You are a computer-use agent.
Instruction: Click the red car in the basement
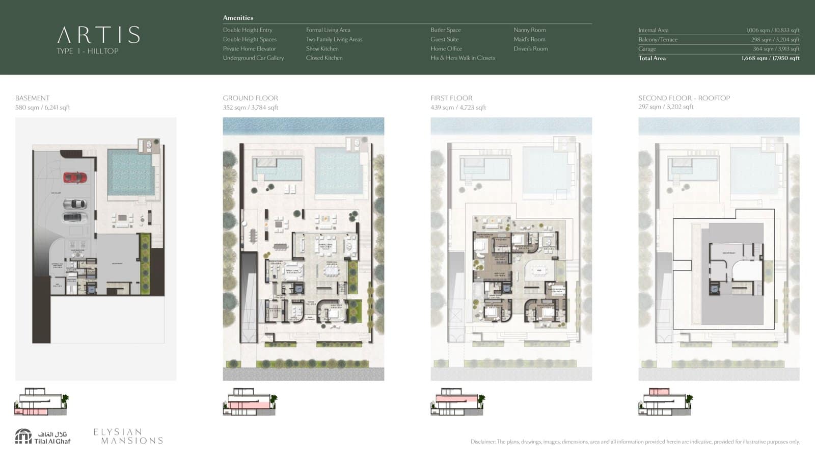tap(75, 177)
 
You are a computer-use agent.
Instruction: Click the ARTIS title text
tap(98, 35)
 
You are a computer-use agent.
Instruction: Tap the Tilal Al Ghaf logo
tap(43, 437)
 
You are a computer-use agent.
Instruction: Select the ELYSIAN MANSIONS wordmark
tap(128, 436)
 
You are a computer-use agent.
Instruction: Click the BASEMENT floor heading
tap(33, 98)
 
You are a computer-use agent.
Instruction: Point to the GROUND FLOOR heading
tap(250, 98)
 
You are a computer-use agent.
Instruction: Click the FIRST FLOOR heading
tap(451, 98)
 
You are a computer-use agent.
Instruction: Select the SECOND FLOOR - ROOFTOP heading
tap(684, 98)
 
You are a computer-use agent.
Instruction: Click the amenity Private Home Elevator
tap(249, 49)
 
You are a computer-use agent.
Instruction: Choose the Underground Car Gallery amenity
tap(253, 58)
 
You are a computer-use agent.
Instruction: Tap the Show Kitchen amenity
tap(322, 49)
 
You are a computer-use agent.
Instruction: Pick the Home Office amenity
tap(446, 49)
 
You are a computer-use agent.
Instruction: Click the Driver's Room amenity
tap(530, 49)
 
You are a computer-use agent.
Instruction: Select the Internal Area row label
tap(653, 30)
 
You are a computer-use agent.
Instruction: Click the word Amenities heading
tap(238, 18)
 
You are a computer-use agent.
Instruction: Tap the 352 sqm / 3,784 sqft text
tap(250, 108)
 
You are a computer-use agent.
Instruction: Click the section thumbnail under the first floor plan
tap(457, 402)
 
